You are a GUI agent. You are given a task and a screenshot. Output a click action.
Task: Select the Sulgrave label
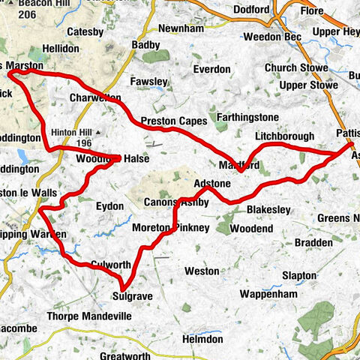(x=136, y=297)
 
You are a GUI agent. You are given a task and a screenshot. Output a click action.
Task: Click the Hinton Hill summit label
(x=73, y=132)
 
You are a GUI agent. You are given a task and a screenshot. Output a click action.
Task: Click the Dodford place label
(x=251, y=10)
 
